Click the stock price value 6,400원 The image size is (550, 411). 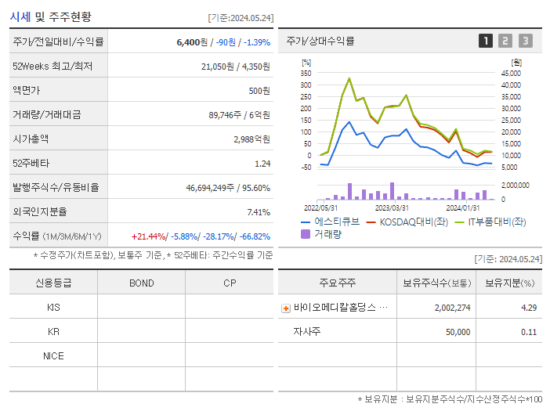(190, 41)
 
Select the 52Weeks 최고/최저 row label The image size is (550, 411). (52, 67)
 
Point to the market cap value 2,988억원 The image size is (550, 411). (251, 139)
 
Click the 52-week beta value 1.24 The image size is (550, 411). (262, 164)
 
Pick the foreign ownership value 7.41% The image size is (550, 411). (258, 212)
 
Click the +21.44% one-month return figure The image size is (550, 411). (148, 236)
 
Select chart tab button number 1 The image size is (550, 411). (486, 41)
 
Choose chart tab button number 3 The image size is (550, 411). (525, 41)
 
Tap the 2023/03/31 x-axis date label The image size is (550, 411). (392, 207)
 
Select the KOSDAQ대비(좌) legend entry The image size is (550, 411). (407, 222)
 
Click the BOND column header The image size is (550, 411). (141, 283)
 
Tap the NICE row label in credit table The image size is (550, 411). (53, 355)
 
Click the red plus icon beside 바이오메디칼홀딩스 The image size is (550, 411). (286, 308)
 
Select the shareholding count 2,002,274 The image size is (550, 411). (452, 308)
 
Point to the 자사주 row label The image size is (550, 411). (307, 332)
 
